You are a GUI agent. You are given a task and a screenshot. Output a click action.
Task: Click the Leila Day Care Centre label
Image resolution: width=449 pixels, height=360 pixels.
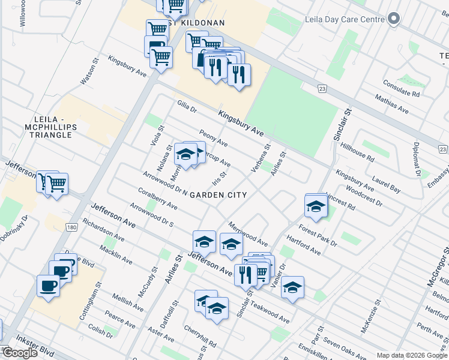(345, 19)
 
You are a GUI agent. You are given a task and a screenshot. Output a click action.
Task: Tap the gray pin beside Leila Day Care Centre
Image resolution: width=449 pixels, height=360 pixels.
(394, 19)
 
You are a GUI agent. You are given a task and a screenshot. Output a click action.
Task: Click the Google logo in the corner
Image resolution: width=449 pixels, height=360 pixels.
(20, 352)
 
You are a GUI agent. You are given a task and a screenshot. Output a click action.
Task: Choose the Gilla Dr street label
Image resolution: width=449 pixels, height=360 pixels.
(187, 106)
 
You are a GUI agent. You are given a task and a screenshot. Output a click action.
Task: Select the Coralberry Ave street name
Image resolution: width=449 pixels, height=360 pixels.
(157, 200)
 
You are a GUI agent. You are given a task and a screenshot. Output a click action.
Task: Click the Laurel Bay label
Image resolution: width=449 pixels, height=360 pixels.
(386, 184)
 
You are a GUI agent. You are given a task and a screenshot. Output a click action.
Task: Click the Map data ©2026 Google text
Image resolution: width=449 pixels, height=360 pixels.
(411, 355)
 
